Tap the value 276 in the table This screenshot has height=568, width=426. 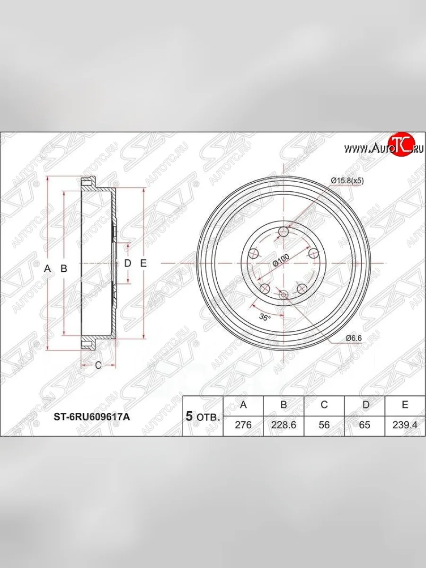click(x=243, y=425)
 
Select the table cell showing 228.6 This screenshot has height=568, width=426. click(x=284, y=425)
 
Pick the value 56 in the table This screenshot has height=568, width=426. click(x=324, y=425)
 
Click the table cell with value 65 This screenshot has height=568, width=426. click(x=364, y=425)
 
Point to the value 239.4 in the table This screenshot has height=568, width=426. click(x=405, y=425)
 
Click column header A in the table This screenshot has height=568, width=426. click(x=243, y=405)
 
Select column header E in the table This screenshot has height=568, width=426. click(x=405, y=405)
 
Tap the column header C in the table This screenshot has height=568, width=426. click(x=324, y=405)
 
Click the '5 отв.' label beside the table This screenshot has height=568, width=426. click(x=202, y=417)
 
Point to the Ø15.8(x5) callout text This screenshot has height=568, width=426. click(x=347, y=180)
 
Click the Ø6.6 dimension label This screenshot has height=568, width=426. click(x=353, y=338)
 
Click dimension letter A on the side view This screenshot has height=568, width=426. click(x=47, y=268)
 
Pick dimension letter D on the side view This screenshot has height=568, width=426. click(x=127, y=264)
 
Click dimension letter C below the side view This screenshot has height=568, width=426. click(x=98, y=365)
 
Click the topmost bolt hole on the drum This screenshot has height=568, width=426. click(x=284, y=231)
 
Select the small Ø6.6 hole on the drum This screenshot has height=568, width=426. click(x=284, y=295)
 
